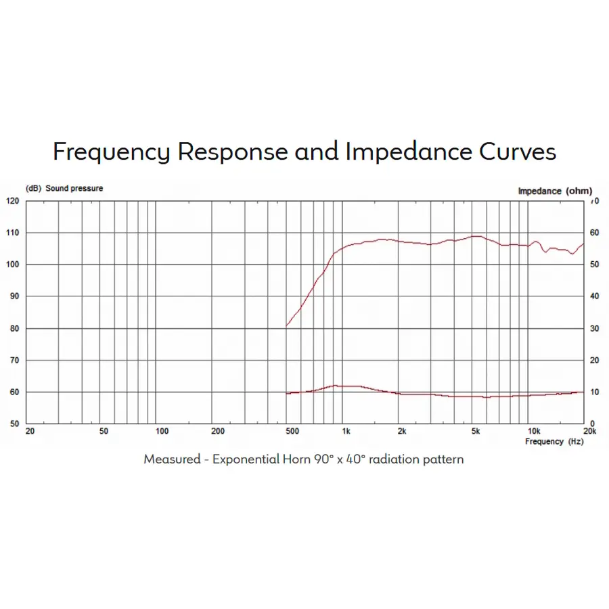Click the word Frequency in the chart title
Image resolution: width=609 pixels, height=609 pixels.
111,152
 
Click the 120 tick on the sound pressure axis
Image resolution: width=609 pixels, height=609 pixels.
12,201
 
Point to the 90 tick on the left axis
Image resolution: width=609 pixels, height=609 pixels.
12,296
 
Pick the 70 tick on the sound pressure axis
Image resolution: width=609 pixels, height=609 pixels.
12,361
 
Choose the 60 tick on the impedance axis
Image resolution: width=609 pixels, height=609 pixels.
594,233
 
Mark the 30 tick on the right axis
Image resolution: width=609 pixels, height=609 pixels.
594,329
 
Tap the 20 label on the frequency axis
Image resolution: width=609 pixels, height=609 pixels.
30,431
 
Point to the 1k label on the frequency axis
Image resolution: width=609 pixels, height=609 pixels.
345,431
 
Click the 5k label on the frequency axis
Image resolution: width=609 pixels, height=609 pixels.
476,431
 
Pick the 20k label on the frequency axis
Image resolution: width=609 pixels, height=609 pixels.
589,431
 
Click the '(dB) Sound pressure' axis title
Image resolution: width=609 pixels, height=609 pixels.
64,188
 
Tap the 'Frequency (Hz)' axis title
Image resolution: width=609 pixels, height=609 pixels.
554,441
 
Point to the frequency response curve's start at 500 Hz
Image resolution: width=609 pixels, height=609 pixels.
287,325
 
